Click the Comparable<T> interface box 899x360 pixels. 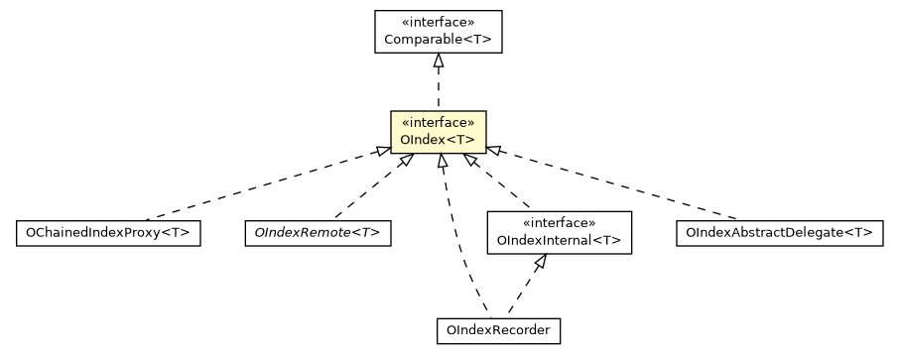[x=438, y=32]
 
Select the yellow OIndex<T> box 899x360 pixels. [x=438, y=132]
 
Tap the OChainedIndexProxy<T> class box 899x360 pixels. [x=108, y=234]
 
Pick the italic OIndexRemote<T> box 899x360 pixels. [x=316, y=234]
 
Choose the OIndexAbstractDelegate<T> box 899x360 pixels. [x=779, y=234]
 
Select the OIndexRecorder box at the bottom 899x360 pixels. [x=498, y=330]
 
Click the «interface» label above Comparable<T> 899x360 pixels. [x=438, y=22]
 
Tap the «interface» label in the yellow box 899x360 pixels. [x=438, y=123]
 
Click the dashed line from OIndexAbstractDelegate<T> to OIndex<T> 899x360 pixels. [x=615, y=184]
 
